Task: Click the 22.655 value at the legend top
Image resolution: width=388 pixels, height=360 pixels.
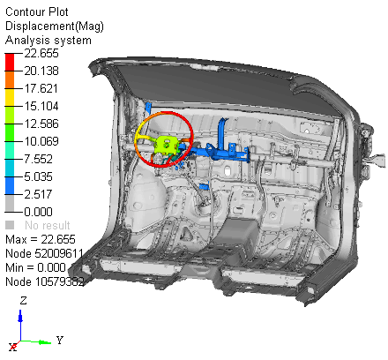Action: click(41, 54)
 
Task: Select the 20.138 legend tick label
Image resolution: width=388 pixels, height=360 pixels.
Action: click(41, 71)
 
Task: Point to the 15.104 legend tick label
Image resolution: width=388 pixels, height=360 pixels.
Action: click(41, 106)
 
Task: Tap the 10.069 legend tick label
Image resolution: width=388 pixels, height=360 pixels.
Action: click(41, 141)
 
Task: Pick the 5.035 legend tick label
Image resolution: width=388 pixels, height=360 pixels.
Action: click(38, 176)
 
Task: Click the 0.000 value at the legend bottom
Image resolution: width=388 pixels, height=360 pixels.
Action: click(38, 212)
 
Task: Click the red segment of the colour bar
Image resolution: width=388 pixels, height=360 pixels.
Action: click(10, 63)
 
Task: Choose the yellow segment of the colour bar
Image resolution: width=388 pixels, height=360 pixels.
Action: click(10, 97)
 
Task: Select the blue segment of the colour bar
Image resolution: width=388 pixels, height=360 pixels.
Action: click(10, 185)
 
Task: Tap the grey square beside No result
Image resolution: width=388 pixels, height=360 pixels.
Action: click(10, 225)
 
